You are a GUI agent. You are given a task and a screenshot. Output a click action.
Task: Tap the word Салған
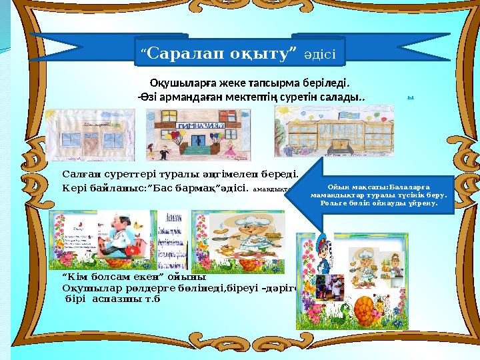click(80, 173)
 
